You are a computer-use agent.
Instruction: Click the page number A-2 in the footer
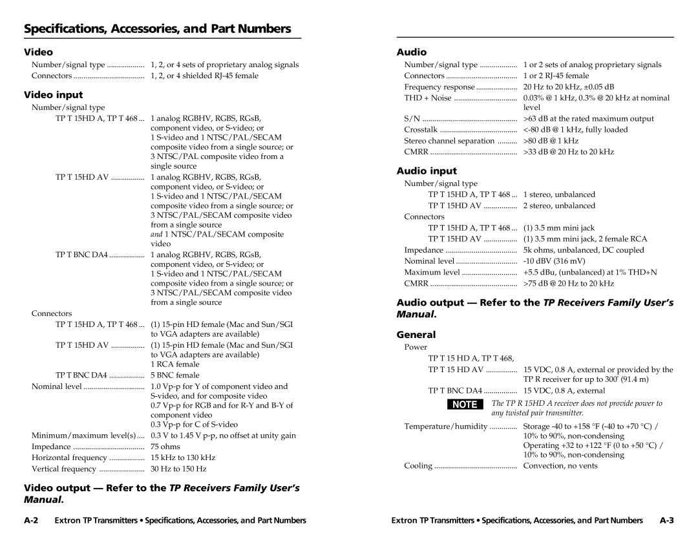coord(35,520)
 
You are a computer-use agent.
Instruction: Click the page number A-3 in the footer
coord(666,520)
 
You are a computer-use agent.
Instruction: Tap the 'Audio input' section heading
coord(427,171)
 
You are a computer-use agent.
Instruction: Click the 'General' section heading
coord(416,335)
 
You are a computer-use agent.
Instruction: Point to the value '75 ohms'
coord(165,447)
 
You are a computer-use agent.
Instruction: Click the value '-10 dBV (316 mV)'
coord(555,261)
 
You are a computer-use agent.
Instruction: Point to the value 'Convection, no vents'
coord(560,465)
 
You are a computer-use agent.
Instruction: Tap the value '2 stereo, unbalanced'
coord(559,206)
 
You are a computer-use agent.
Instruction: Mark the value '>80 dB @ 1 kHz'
coord(551,140)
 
